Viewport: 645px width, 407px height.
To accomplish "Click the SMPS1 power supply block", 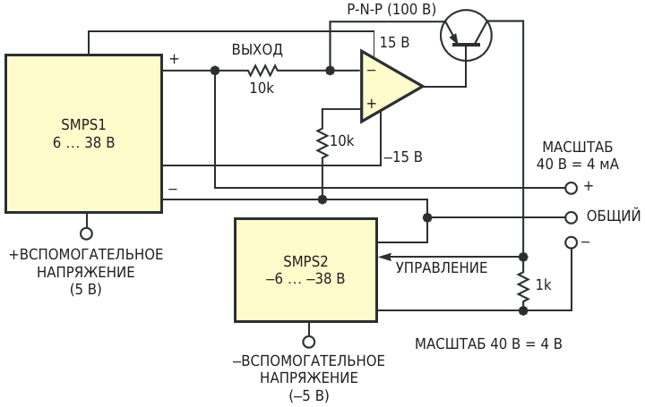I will coord(83,133).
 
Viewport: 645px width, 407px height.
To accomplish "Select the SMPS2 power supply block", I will coord(305,269).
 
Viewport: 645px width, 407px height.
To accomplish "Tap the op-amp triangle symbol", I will coord(387,86).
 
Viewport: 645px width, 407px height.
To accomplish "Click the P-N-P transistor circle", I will coord(466,35).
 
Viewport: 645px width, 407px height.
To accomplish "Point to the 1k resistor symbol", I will coord(522,284).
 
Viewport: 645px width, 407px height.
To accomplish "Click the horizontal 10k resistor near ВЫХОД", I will coord(263,70).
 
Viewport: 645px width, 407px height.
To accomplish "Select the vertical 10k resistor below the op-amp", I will coord(322,141).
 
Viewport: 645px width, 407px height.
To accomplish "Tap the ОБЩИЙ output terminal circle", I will coord(571,217).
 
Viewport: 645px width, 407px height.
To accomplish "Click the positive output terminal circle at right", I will coord(571,188).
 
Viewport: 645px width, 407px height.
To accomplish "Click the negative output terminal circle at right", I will coord(571,242).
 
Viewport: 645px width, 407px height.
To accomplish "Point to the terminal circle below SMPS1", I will coord(87,233).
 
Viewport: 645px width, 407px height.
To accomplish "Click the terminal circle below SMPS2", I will coord(309,342).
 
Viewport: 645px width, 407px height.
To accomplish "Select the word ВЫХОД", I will coord(257,49).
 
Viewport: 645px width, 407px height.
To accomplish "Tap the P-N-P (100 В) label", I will coord(391,10).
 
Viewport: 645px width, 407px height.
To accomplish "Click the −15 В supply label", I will coord(402,157).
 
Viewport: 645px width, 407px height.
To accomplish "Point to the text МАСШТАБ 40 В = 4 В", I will coord(488,343).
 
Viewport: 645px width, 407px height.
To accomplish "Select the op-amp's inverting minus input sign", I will coord(371,69).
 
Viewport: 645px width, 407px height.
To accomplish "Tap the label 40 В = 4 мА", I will coord(578,165).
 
